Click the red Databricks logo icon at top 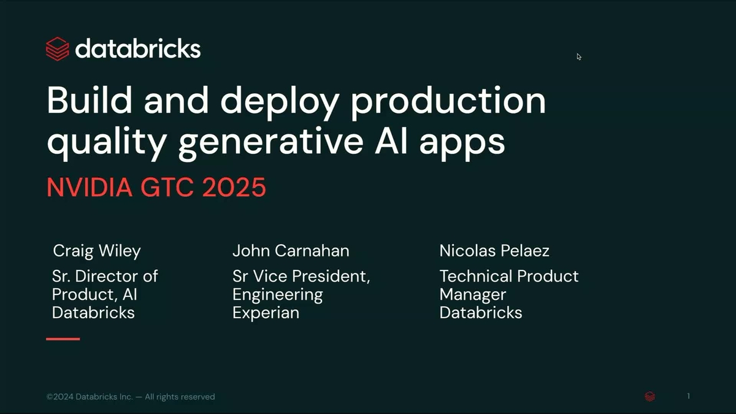coord(57,49)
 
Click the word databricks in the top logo coord(138,48)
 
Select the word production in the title coord(448,101)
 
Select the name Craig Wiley coord(97,251)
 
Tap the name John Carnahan coord(291,251)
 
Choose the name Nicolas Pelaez coord(494,251)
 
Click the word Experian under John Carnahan coord(266,313)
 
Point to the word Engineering coord(277,294)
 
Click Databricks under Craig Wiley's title coord(93,313)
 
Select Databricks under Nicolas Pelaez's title coord(481,313)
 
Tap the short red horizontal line coord(63,339)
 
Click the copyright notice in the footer coord(131,397)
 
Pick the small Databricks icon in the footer coord(650,397)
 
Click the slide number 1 coord(688,396)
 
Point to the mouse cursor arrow coord(579,56)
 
